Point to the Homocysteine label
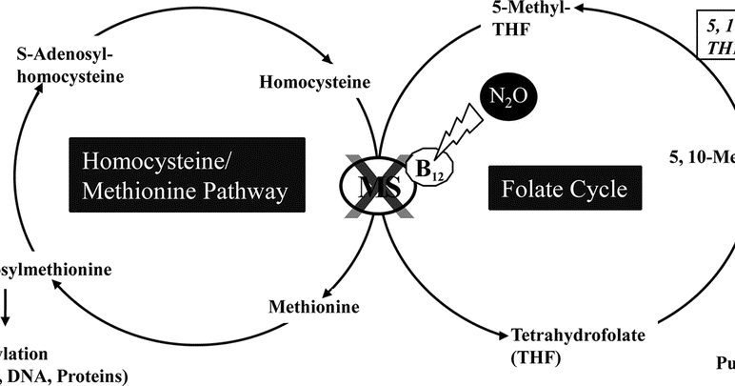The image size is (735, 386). pos(314,82)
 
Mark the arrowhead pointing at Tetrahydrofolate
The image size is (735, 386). pos(502,334)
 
